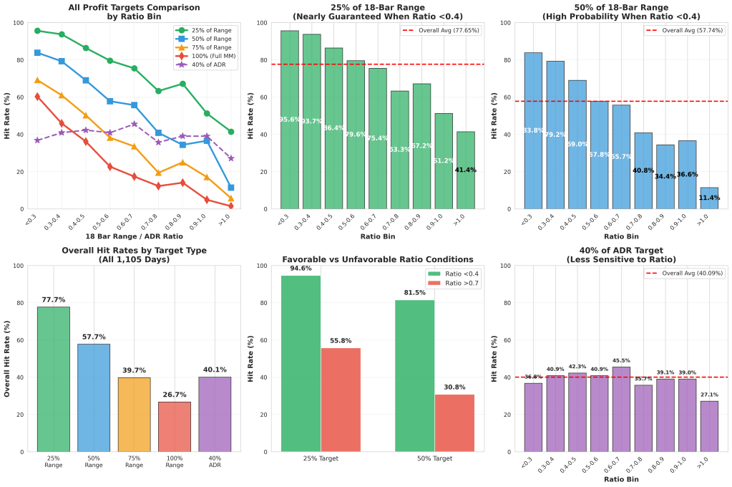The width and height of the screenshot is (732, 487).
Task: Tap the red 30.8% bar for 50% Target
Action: point(454,423)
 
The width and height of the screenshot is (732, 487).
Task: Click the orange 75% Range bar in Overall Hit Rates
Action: point(135,415)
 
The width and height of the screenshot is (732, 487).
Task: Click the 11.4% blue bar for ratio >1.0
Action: point(708,198)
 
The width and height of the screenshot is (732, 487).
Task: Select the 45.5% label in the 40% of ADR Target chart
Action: point(622,361)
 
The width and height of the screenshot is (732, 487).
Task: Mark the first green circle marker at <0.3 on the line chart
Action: point(37,31)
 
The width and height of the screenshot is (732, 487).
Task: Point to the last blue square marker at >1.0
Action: point(230,188)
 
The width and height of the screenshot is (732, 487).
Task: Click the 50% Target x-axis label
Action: point(434,458)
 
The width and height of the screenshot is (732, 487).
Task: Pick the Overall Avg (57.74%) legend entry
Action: point(688,31)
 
